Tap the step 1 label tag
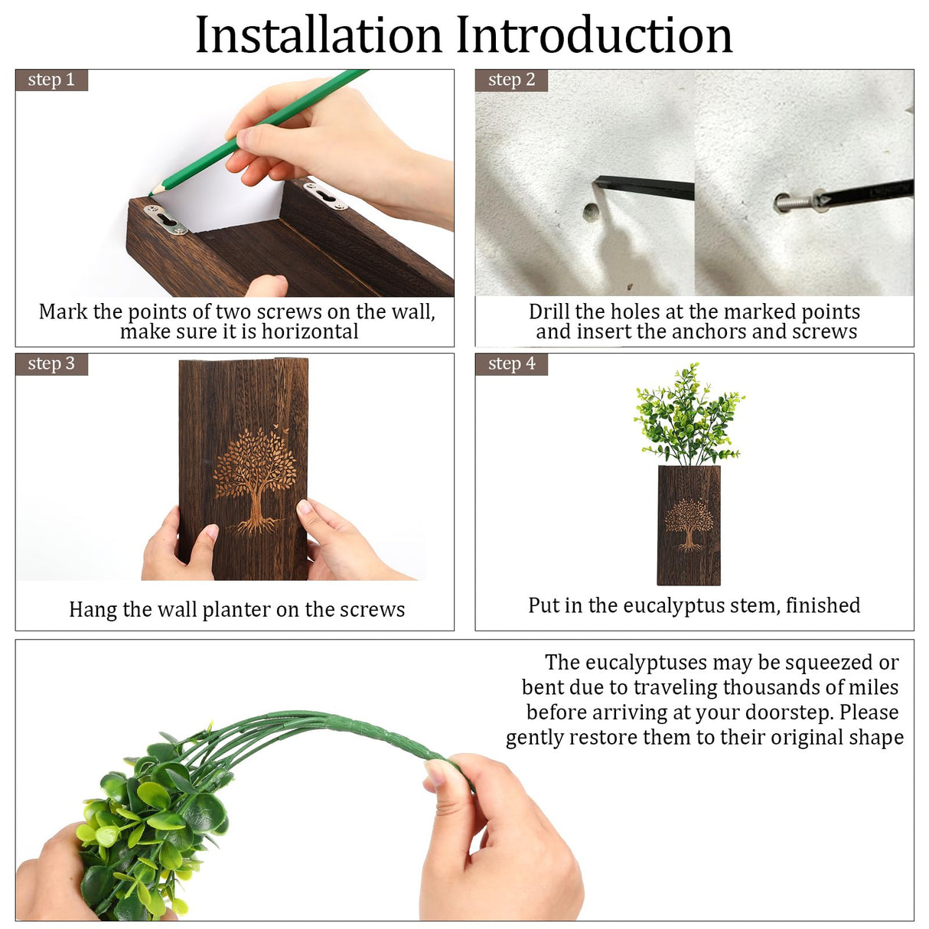pos(51,80)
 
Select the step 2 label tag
pos(511,80)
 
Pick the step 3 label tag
pos(51,363)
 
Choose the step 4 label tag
pos(511,363)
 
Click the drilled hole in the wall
pos(590,212)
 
